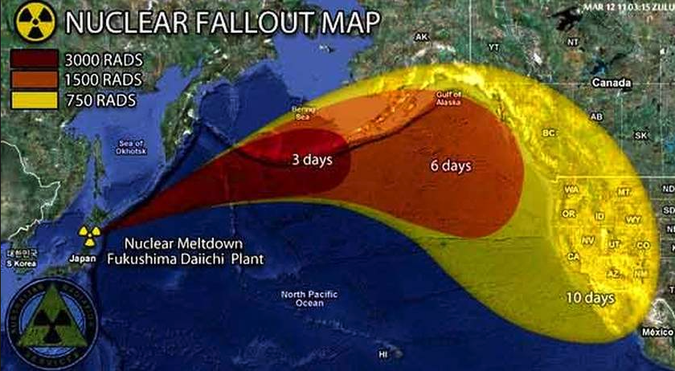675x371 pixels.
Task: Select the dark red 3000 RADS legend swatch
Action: [34, 61]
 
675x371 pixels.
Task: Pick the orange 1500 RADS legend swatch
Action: [34, 80]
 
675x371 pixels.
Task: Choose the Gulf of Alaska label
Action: [448, 98]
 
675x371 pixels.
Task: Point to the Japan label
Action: [83, 259]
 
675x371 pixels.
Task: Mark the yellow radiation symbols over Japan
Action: [86, 234]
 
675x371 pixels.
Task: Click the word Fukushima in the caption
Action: [160, 259]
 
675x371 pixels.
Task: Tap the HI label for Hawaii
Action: [383, 353]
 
